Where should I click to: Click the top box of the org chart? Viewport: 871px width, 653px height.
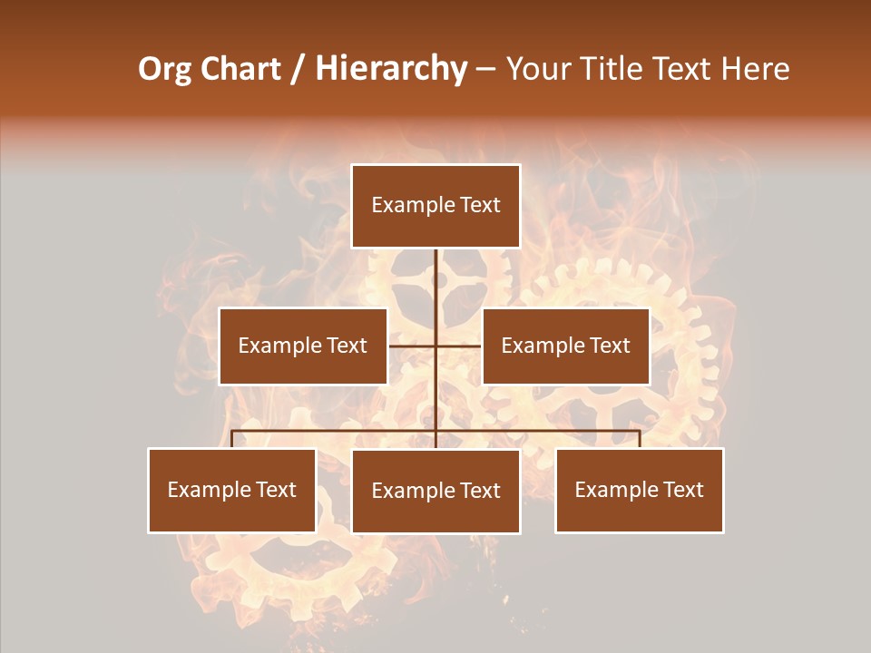coord(435,206)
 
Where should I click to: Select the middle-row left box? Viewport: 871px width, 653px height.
coord(303,346)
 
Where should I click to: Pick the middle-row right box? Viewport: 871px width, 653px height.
coord(566,346)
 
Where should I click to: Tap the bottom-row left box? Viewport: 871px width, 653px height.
coord(232,490)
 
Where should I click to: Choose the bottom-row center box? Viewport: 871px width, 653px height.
coord(435,491)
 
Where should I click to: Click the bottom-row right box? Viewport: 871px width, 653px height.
coord(640,490)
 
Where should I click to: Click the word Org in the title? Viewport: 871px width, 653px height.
coord(164,69)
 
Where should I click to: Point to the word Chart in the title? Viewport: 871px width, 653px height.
coord(240,69)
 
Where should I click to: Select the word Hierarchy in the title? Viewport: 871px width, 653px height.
coord(391,69)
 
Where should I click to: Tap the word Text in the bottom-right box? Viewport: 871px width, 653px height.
coord(682,490)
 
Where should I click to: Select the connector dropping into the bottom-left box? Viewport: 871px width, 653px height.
coord(232,439)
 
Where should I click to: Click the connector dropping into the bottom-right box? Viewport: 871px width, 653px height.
coord(640,439)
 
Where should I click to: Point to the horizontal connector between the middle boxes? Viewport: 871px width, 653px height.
coord(435,346)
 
